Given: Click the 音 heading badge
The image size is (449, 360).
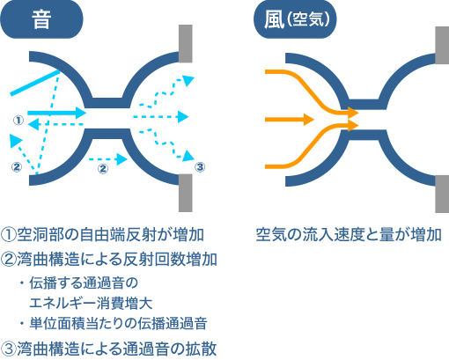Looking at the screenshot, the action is (41, 19).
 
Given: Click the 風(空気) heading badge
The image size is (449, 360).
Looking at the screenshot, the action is (295, 19).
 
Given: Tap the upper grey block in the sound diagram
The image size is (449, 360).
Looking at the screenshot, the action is (186, 44).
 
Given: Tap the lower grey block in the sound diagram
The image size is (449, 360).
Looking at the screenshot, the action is (186, 193).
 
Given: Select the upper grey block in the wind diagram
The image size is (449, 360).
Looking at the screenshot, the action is (442, 45).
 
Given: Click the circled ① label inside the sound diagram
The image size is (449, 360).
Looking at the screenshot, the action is (18, 120).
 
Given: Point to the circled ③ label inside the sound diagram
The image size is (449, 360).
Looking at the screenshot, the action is (200, 167).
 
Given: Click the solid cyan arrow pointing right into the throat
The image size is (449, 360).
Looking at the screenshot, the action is (57, 113).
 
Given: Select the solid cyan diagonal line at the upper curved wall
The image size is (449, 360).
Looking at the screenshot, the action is (35, 83).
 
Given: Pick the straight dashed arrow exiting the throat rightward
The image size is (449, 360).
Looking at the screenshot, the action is (160, 117).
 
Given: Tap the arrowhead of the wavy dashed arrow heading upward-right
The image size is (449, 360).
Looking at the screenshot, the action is (188, 80).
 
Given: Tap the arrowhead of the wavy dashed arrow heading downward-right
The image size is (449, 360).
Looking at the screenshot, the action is (188, 156).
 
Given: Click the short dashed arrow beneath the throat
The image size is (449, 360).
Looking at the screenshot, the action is (108, 159).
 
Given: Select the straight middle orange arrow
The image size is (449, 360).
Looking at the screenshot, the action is (290, 120).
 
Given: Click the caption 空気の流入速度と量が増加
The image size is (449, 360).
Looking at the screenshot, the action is (349, 234).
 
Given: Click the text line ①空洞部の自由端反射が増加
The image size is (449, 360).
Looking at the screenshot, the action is (102, 234).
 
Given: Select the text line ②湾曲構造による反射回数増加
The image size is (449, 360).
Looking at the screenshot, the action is (109, 260).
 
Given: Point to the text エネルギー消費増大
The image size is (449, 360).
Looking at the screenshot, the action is (91, 303).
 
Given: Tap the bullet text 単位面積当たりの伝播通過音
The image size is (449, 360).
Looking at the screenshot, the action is (119, 323).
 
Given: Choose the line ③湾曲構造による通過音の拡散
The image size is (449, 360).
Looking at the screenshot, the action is (109, 349).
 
